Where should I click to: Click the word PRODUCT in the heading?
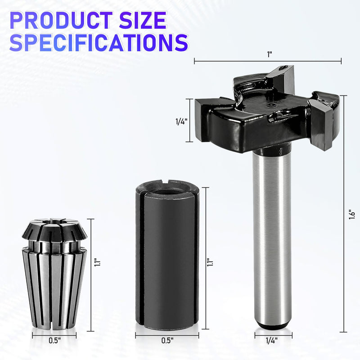coord(61,21)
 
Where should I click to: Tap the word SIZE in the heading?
coord(143,21)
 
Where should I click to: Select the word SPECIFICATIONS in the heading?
coord(99,42)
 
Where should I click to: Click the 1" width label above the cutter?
coord(269,54)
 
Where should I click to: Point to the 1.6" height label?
coord(352,214)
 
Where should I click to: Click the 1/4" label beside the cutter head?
coord(181,121)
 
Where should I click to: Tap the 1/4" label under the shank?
coord(272,340)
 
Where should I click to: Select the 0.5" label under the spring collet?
coord(54,340)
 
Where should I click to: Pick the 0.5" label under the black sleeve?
coord(167,340)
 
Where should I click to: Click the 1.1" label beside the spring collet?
coord(97,262)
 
